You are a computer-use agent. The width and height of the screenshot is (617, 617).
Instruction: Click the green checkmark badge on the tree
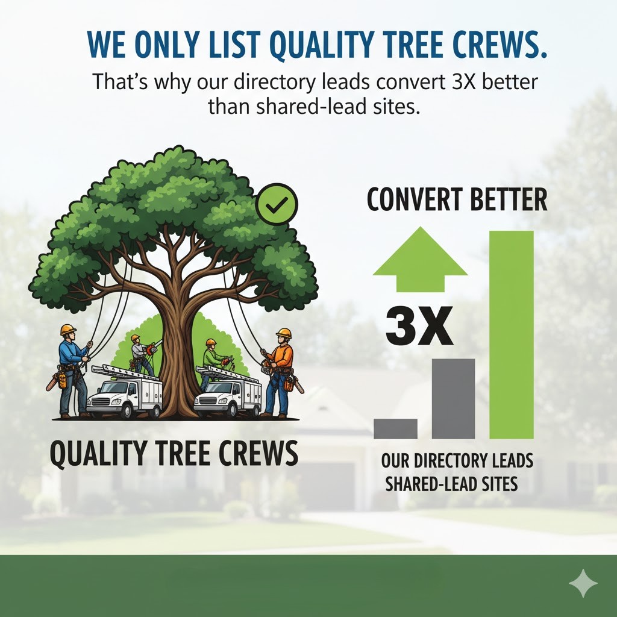[277, 205]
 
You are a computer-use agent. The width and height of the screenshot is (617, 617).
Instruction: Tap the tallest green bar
[512, 334]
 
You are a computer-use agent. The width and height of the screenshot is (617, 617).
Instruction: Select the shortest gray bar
[395, 428]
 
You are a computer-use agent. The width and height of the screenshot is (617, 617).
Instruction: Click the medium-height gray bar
[453, 399]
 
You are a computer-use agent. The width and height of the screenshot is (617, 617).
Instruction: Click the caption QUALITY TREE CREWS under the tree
[174, 453]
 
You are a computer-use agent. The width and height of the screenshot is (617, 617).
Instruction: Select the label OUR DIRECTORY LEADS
[457, 462]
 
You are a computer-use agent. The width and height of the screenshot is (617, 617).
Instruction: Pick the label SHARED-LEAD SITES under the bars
[451, 484]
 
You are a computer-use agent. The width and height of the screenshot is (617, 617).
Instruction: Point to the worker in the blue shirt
[72, 371]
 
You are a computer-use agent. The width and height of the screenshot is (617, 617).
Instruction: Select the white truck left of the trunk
[125, 393]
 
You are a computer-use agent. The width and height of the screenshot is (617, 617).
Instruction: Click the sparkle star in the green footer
[583, 584]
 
